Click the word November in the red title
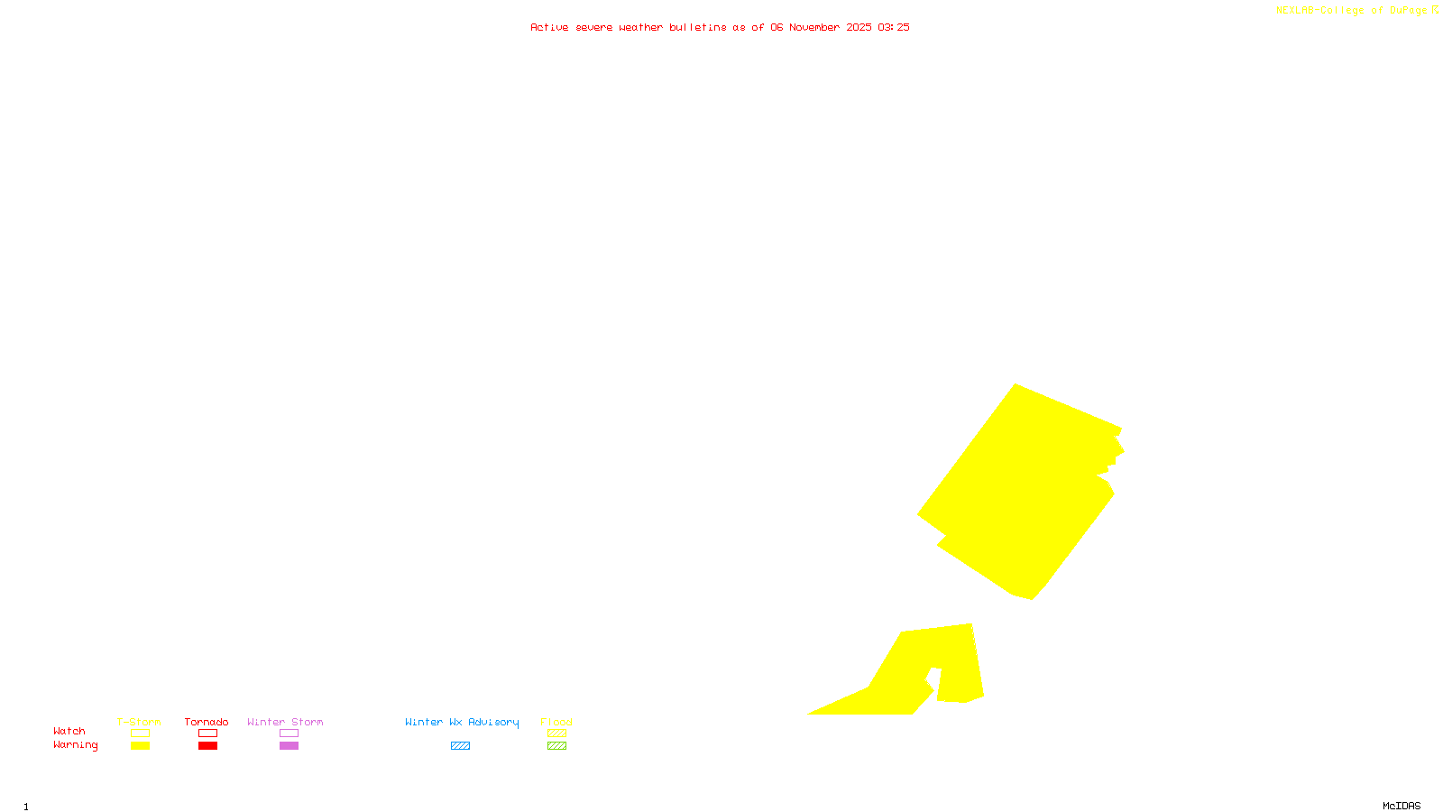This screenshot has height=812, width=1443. pyautogui.click(x=814, y=27)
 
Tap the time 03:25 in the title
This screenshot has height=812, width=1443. pyautogui.click(x=893, y=27)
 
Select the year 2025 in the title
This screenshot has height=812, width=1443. pyautogui.click(x=859, y=27)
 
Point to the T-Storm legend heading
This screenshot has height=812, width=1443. pyautogui.click(x=139, y=722)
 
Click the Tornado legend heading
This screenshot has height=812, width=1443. pyautogui.click(x=207, y=722)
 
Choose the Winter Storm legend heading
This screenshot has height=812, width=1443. pyautogui.click(x=285, y=722)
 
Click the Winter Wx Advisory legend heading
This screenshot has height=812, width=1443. pyautogui.click(x=462, y=722)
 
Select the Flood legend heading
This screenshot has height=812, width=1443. pyautogui.click(x=556, y=722)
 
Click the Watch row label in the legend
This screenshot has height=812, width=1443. pyautogui.click(x=69, y=731)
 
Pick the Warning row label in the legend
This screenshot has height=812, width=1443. pyautogui.click(x=76, y=745)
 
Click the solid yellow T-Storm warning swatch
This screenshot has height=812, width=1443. pyautogui.click(x=140, y=746)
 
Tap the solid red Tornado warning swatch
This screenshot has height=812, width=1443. pyautogui.click(x=208, y=746)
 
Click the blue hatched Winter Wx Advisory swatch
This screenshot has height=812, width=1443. pyautogui.click(x=460, y=746)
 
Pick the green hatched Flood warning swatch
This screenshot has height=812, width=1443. pyautogui.click(x=556, y=746)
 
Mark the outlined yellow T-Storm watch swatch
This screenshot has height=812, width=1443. pyautogui.click(x=140, y=734)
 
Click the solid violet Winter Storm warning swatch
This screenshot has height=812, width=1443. pyautogui.click(x=289, y=746)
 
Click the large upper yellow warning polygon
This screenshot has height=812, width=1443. pyautogui.click(x=1019, y=492)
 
